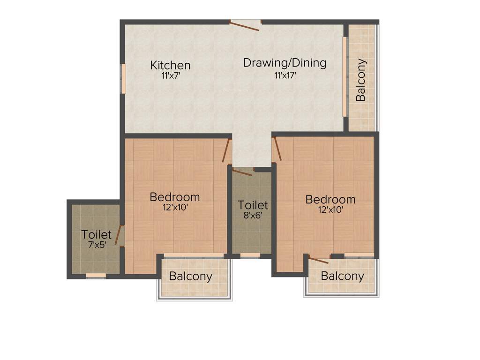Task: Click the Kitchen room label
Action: [170, 65]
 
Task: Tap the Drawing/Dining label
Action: [285, 63]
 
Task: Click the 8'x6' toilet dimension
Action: [253, 217]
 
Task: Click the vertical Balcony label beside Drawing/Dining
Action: [360, 80]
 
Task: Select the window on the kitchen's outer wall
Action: [124, 78]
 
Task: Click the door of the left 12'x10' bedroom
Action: [226, 150]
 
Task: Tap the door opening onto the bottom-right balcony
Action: [318, 260]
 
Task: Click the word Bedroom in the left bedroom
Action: [175, 197]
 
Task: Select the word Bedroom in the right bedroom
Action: [330, 200]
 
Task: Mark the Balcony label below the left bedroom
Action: [191, 276]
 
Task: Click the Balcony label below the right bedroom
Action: [343, 276]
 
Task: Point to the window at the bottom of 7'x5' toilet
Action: [96, 275]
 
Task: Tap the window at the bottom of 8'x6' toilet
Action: [250, 255]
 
